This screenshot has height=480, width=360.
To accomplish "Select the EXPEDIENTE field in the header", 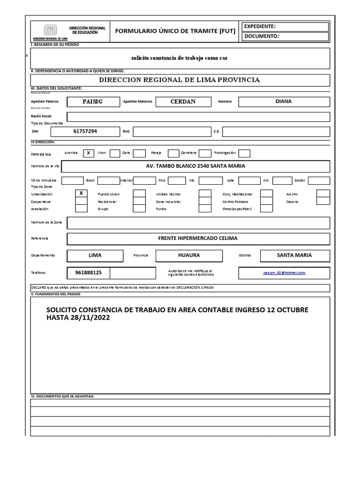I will pos(285,27).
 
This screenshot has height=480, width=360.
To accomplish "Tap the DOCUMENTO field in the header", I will pos(285,37).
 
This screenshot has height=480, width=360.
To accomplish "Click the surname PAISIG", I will pos(92,102).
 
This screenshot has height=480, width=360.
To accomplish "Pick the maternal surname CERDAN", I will pos(183,102).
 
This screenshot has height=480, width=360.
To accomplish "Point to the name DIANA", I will pos(284,102).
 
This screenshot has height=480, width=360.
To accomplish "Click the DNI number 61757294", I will pos(85,132).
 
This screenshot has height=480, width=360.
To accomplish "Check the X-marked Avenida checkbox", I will pos(88,153).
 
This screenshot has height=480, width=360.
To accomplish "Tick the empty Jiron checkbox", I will pos(114,153).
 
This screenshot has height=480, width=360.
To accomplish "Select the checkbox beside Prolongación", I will pos(244,153).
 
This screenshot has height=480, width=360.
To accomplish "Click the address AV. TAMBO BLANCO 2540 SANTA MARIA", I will pos(195,166).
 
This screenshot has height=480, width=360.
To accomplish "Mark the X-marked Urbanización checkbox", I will pos(81,193).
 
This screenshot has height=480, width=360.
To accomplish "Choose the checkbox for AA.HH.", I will pos(323,194).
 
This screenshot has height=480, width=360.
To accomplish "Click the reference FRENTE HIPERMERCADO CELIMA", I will pos(198,239).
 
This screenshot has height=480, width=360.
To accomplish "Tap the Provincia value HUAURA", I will pos(189,255).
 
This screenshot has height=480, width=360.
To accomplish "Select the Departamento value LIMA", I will pos(95,255).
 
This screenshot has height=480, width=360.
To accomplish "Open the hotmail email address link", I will pos(284,272).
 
